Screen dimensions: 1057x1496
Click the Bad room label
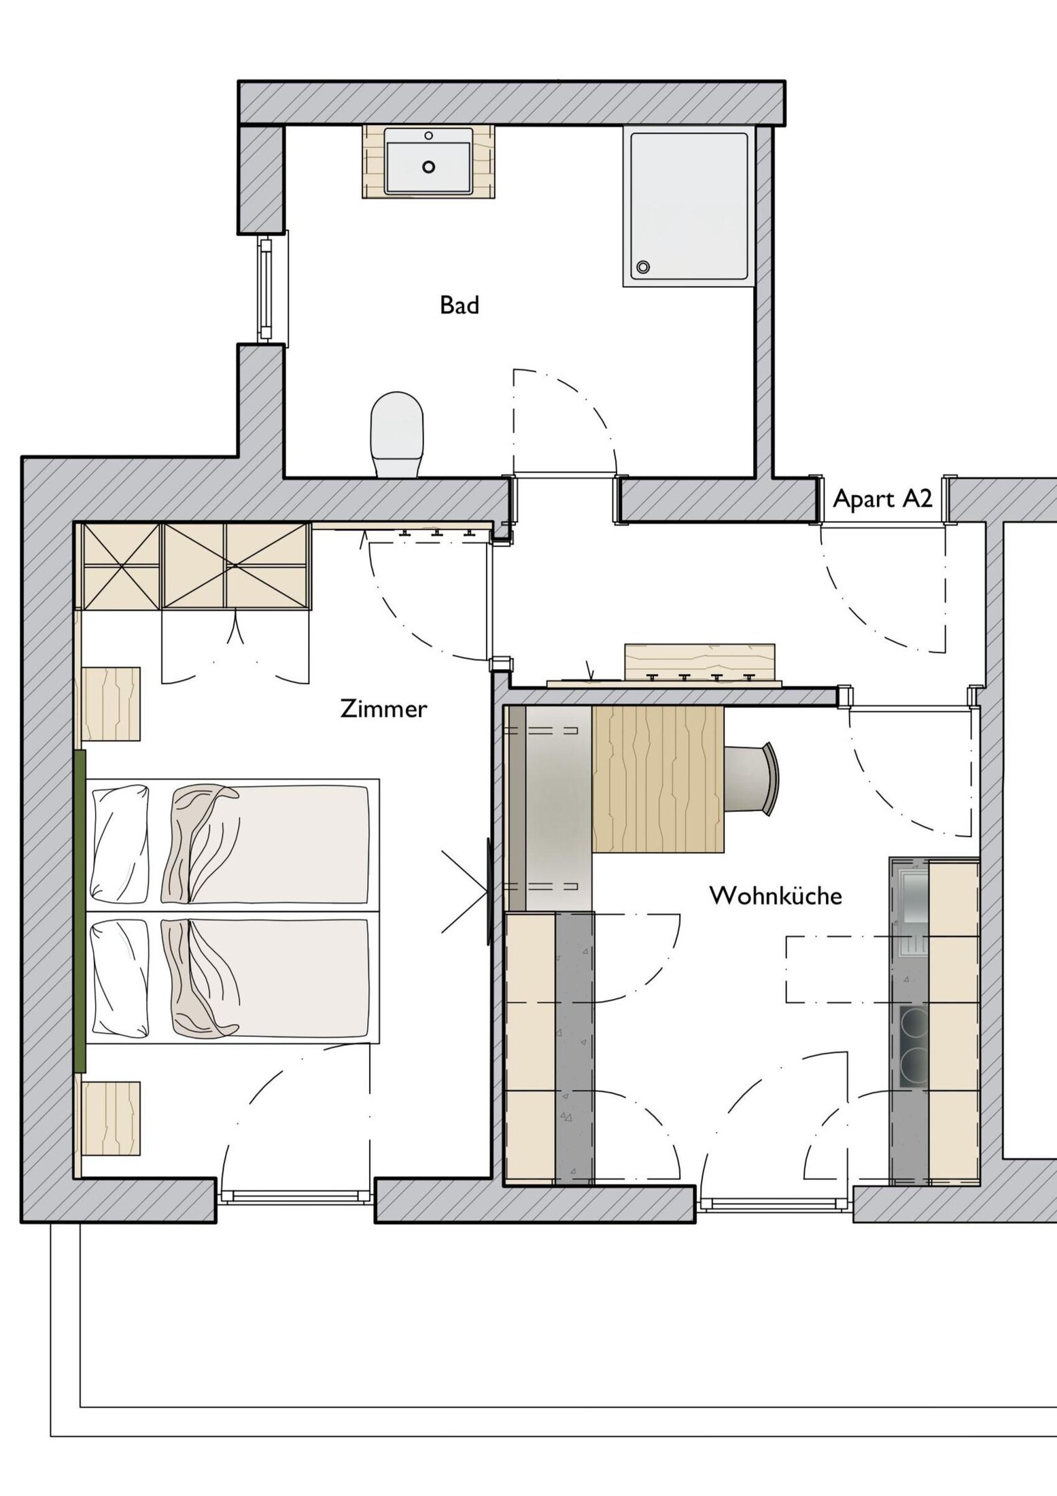pyautogui.click(x=460, y=305)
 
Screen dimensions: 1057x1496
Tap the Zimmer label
pyautogui.click(x=383, y=709)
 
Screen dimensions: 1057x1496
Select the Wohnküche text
pyautogui.click(x=776, y=896)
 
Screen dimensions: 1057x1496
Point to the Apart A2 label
pyautogui.click(x=882, y=499)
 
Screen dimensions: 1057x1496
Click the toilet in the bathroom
pyautogui.click(x=397, y=435)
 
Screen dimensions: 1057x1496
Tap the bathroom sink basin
pyautogui.click(x=428, y=160)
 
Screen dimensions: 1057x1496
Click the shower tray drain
pyautogui.click(x=642, y=267)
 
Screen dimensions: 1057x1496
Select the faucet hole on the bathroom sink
pyautogui.click(x=429, y=135)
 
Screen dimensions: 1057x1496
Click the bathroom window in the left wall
pyautogui.click(x=266, y=288)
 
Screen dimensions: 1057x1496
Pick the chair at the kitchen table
pyautogui.click(x=751, y=778)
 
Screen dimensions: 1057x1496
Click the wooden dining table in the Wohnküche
pyautogui.click(x=657, y=779)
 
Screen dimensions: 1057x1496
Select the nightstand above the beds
pyautogui.click(x=111, y=704)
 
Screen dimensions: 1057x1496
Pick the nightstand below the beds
pyautogui.click(x=111, y=1119)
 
